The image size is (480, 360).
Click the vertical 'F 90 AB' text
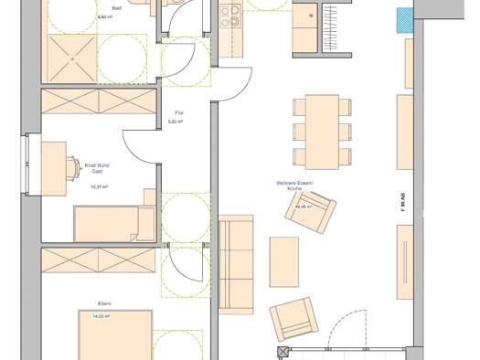pos(404,203)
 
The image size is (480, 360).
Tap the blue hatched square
pos(403,19)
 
